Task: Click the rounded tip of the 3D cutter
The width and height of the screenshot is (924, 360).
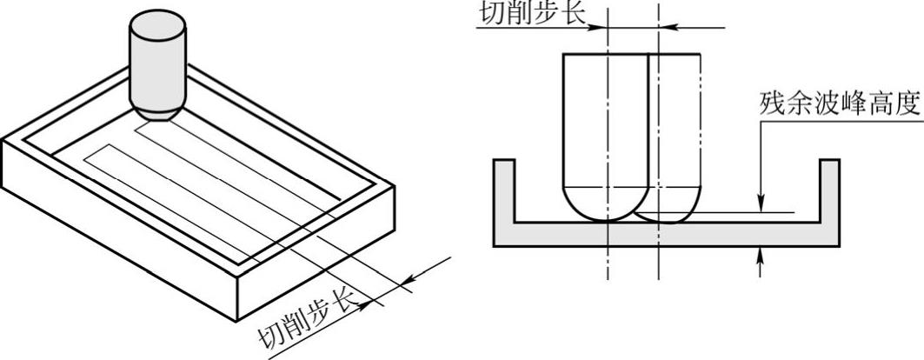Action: point(158,111)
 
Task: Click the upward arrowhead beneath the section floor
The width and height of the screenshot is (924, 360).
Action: point(761,253)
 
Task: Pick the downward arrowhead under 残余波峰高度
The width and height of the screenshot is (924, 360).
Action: point(761,203)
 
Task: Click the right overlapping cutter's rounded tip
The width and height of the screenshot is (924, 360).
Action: point(669,209)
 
